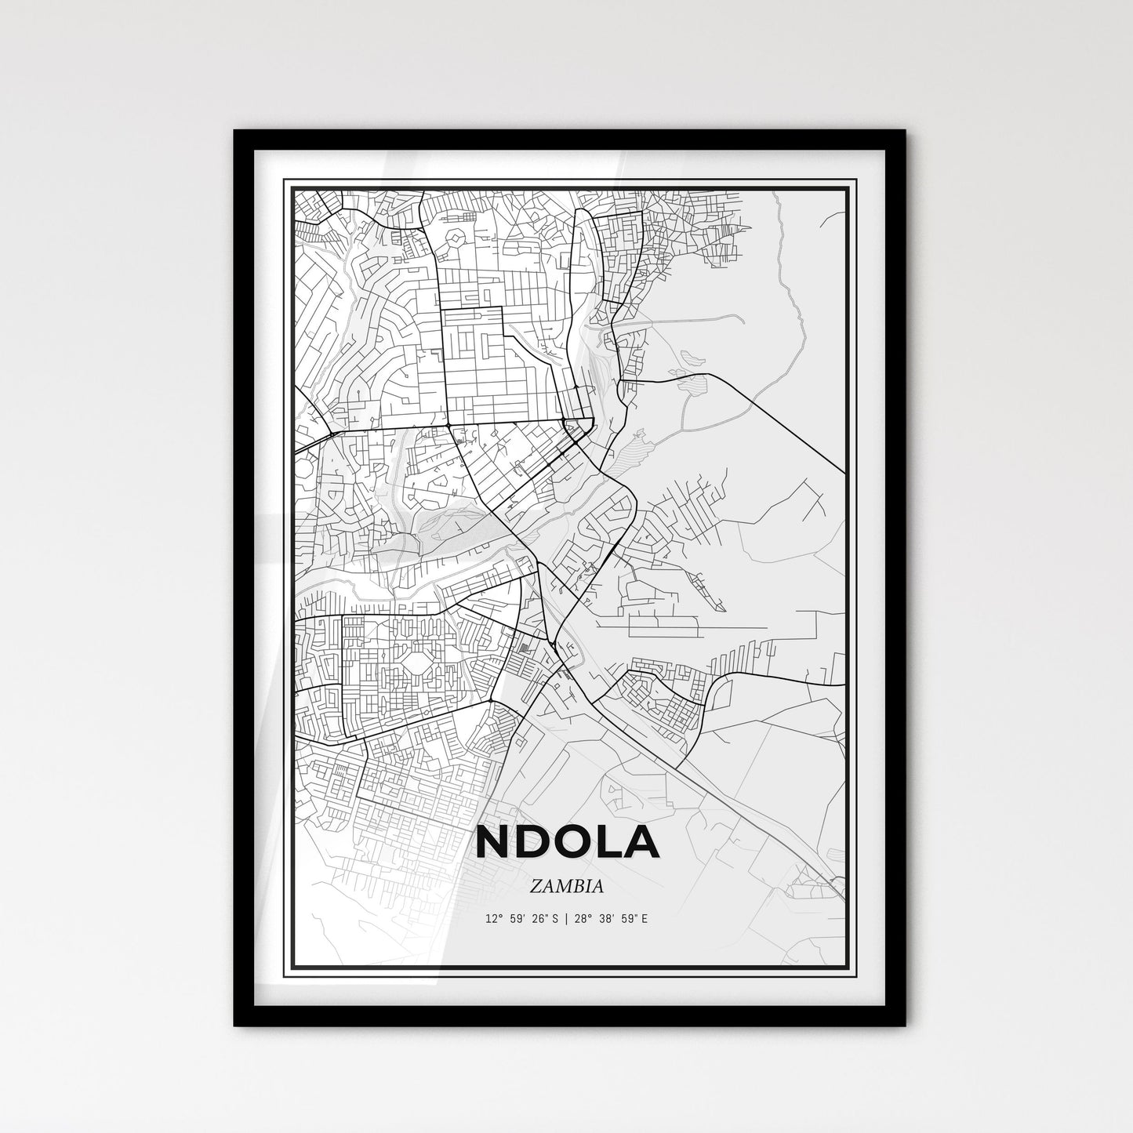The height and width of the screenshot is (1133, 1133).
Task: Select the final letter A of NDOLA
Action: pyautogui.click(x=642, y=842)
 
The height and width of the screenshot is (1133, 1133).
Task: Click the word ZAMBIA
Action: pyautogui.click(x=566, y=887)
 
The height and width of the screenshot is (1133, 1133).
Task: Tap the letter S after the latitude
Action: pyautogui.click(x=554, y=919)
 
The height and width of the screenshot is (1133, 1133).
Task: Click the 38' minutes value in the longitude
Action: pyautogui.click(x=605, y=919)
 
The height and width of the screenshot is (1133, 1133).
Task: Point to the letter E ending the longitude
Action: pyautogui.click(x=645, y=919)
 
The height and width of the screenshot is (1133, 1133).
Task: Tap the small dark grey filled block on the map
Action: pyautogui.click(x=524, y=648)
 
